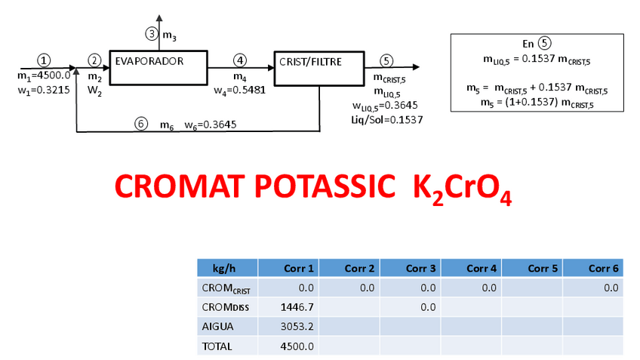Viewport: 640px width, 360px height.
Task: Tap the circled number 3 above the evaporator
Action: [152, 34]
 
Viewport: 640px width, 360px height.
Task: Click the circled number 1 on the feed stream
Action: [45, 60]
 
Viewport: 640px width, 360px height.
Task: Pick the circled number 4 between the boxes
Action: [240, 60]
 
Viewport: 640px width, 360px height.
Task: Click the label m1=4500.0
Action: [44, 75]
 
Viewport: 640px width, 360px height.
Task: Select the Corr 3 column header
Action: [410, 268]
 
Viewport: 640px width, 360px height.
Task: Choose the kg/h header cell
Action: [226, 268]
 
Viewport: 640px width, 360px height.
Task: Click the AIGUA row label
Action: [218, 327]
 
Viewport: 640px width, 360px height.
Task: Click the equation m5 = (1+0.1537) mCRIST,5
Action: [537, 103]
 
